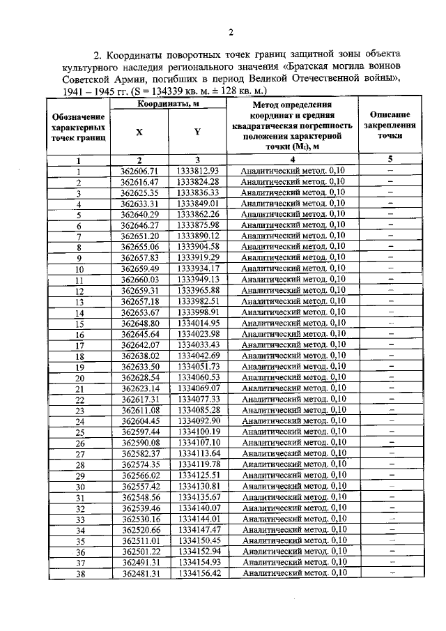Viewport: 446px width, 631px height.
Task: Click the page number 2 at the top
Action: pos(229,31)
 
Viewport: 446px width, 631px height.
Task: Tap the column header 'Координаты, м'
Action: pos(169,104)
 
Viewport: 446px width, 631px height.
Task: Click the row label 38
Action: pos(79,574)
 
